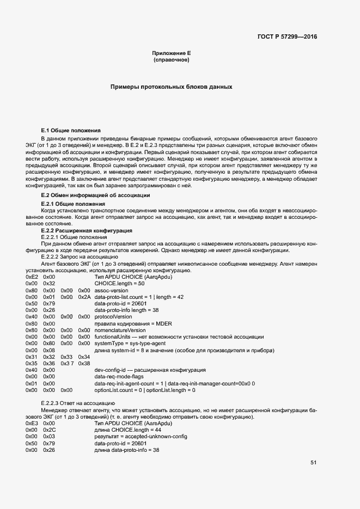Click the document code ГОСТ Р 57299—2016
coord(287,37)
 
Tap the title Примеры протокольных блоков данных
coord(172,87)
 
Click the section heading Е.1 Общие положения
coord(71,131)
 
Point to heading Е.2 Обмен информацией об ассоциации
coord(96,195)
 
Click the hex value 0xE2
coord(32,277)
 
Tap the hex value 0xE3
coord(32,423)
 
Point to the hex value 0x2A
coord(84,297)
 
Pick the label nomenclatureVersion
coord(120,330)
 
